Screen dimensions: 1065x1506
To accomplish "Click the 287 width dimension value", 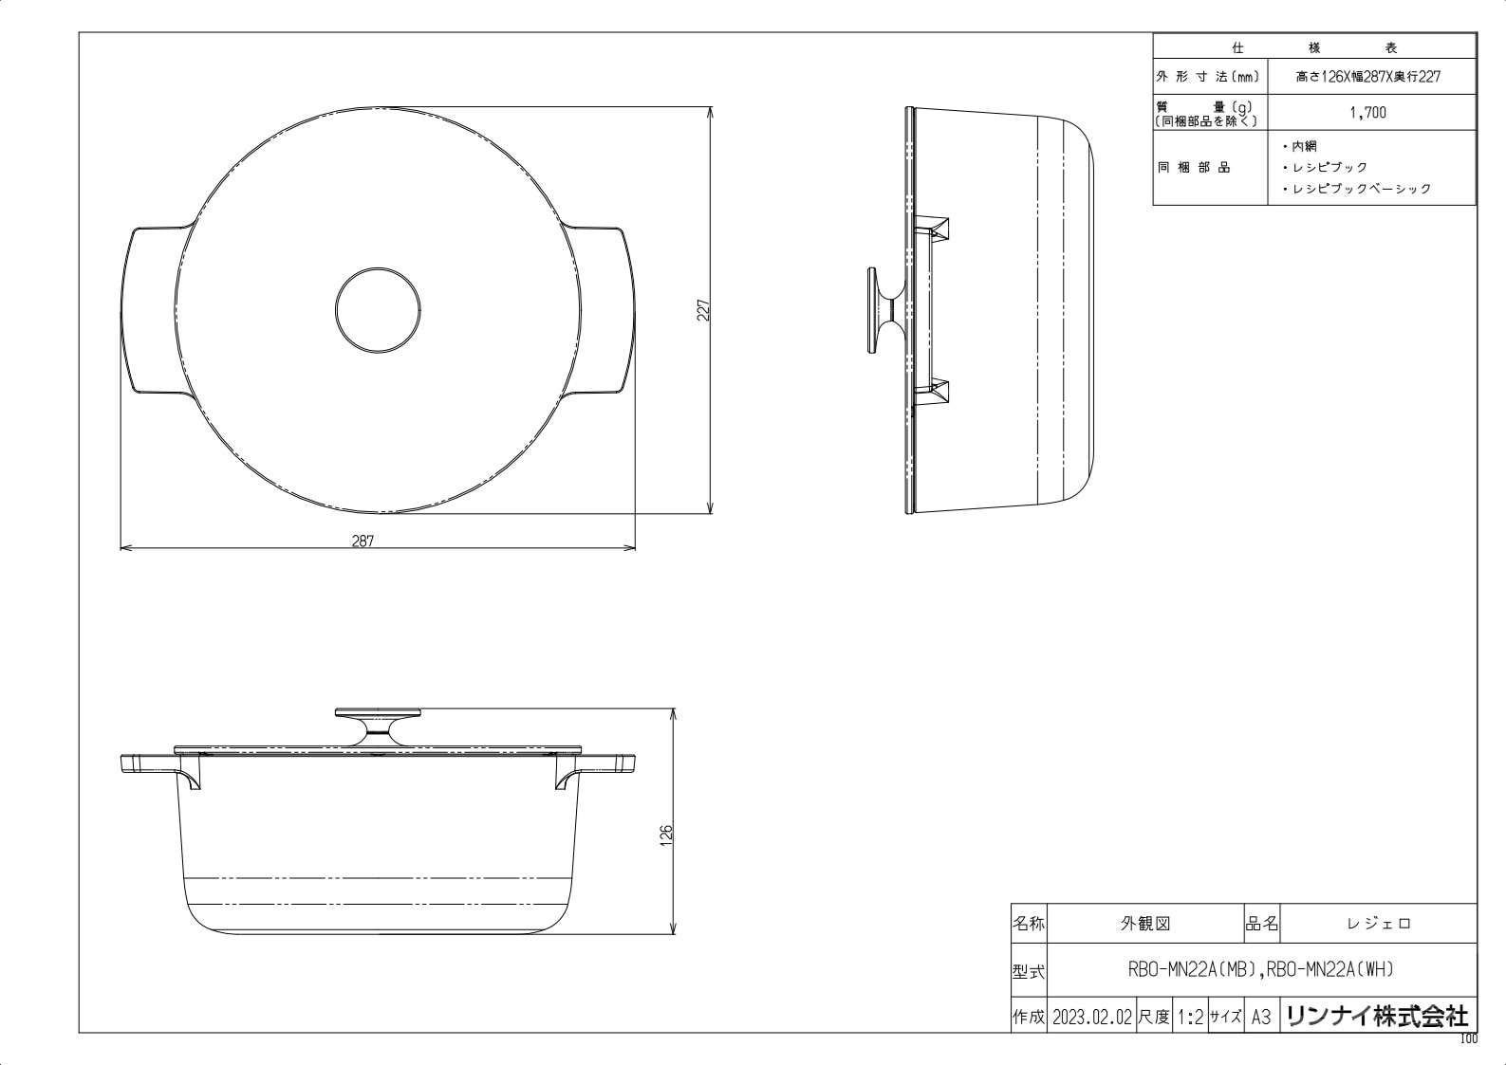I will click(363, 542).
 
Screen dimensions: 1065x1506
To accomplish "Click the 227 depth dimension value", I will click(703, 310).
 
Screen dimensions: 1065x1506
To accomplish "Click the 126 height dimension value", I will click(666, 835).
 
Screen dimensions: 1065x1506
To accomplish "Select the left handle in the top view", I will click(152, 309).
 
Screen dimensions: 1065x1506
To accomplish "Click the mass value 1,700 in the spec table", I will click(1367, 113).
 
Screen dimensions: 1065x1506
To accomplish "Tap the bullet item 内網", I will click(1303, 146).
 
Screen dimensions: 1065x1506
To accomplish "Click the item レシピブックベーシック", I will click(1361, 189).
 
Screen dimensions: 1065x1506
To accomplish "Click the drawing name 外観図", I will click(1145, 924).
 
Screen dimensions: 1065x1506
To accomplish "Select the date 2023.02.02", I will click(1091, 1018).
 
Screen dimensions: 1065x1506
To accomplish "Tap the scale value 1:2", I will click(1190, 1018).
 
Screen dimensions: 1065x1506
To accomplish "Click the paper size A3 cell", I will click(1260, 1018).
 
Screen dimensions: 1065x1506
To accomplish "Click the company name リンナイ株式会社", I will click(1377, 1017).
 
